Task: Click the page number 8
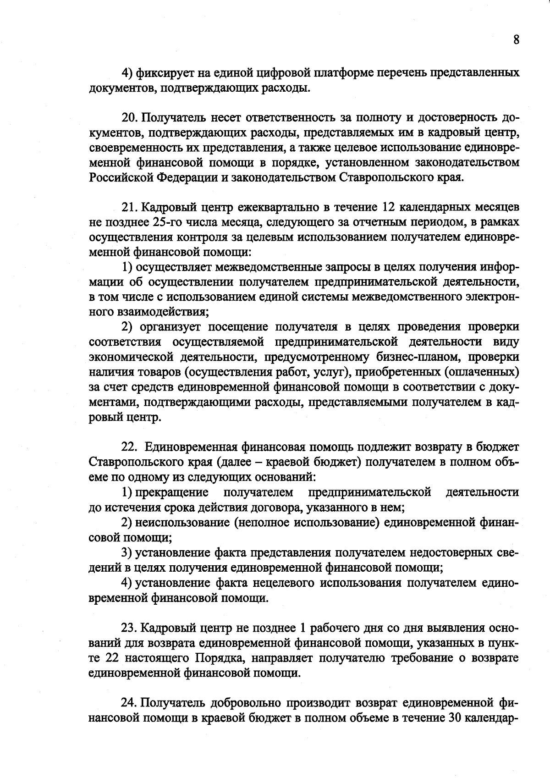click(x=516, y=40)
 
